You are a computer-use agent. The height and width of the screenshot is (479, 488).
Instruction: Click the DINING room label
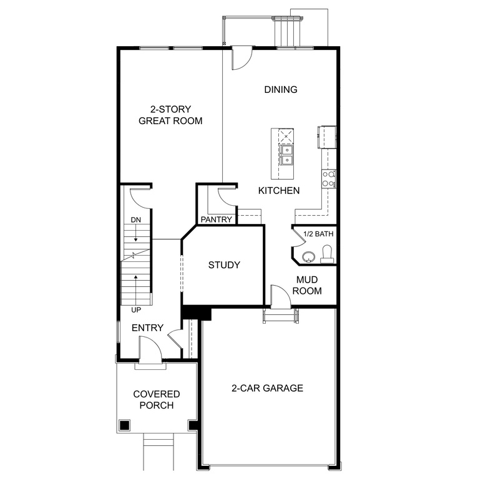[x=280, y=90]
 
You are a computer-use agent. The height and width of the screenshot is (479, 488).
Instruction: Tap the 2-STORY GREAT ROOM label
[x=170, y=115]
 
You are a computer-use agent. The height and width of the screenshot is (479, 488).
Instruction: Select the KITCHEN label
[x=279, y=191]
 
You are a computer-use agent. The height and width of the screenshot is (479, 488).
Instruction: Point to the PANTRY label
[x=217, y=220]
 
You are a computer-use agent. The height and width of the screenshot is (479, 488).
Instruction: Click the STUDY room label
[x=223, y=265]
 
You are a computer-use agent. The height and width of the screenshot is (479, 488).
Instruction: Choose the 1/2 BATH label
[x=318, y=235]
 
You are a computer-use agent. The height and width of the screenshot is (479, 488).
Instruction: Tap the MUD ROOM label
[x=309, y=285]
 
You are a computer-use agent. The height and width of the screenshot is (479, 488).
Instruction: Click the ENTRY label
[x=147, y=328]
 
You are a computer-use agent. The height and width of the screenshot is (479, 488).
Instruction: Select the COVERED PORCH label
[x=156, y=400]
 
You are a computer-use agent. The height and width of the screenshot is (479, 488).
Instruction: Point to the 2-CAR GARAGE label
[x=267, y=388]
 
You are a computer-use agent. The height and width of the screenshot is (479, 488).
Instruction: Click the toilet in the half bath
[x=326, y=253]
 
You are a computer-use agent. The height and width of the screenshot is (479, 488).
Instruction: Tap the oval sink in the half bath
[x=307, y=256]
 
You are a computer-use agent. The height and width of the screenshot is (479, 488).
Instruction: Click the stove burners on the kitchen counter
[x=328, y=179]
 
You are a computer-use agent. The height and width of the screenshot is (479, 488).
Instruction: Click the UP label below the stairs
[x=135, y=309]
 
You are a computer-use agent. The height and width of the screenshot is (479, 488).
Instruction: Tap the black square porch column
[x=125, y=426]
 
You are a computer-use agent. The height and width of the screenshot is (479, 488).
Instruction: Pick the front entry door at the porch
[x=150, y=349]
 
